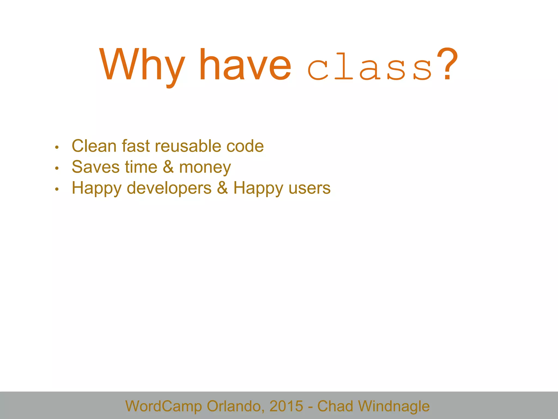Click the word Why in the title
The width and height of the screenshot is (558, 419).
click(142, 65)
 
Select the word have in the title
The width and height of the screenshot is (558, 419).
click(245, 65)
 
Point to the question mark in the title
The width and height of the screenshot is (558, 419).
click(447, 64)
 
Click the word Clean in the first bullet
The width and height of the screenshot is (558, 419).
click(94, 146)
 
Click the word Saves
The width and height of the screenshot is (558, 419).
click(95, 167)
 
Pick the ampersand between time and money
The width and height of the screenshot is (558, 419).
click(168, 167)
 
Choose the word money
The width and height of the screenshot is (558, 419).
click(205, 167)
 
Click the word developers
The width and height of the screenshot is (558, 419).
click(169, 188)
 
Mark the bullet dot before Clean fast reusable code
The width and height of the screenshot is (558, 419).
click(57, 148)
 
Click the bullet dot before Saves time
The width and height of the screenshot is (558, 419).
click(57, 168)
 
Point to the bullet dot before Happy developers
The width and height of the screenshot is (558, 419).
click(57, 189)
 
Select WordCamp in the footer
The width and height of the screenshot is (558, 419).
click(163, 406)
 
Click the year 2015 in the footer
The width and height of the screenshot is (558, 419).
click(286, 406)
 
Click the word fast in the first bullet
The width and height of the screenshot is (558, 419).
click(135, 146)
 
